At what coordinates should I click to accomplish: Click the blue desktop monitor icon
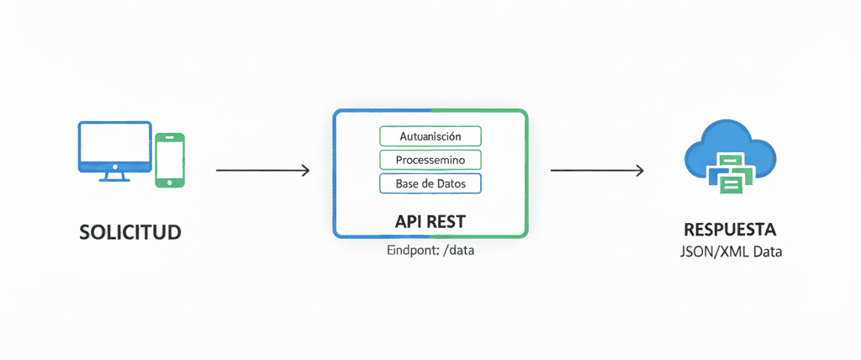(114, 147)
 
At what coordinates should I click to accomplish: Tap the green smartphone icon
(170, 159)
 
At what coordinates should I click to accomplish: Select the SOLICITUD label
(130, 232)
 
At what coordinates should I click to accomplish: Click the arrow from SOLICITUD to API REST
(262, 171)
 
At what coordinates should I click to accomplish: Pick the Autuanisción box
(430, 136)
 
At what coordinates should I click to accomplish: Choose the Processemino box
(430, 160)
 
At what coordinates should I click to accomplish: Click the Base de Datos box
(430, 183)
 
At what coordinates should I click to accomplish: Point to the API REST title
(430, 220)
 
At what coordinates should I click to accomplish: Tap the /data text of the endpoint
(457, 251)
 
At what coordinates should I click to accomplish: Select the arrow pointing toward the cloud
(597, 171)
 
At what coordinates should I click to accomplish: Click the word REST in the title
(448, 220)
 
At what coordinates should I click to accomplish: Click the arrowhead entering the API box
(305, 171)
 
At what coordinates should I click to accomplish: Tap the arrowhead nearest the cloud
(640, 171)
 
